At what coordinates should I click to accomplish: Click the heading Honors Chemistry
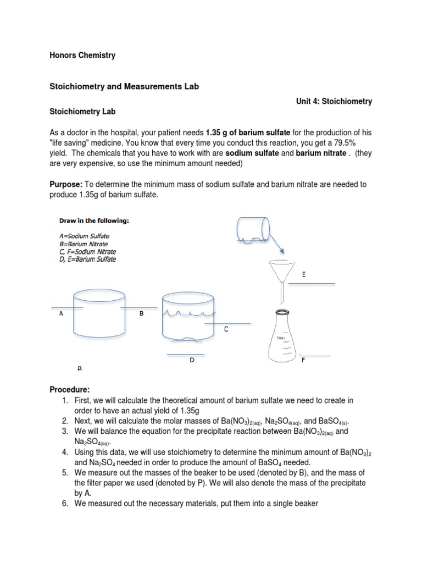click(82, 56)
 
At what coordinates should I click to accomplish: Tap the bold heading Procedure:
click(69, 390)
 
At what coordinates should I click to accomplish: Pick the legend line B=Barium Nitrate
click(84, 244)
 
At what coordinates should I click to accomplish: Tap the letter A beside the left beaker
click(61, 314)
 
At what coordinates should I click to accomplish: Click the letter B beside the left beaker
click(141, 314)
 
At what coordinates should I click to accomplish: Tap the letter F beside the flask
click(303, 360)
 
